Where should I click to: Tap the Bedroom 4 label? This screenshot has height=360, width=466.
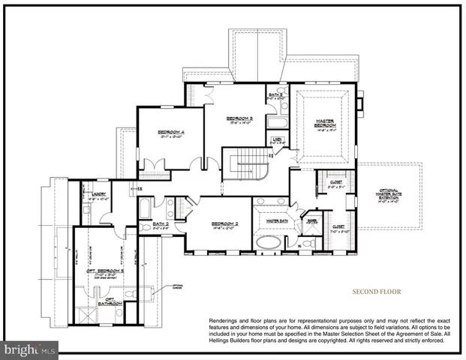(171, 133)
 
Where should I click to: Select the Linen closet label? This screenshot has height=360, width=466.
(277, 140)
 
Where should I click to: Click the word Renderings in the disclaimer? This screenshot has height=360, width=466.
(226, 320)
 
